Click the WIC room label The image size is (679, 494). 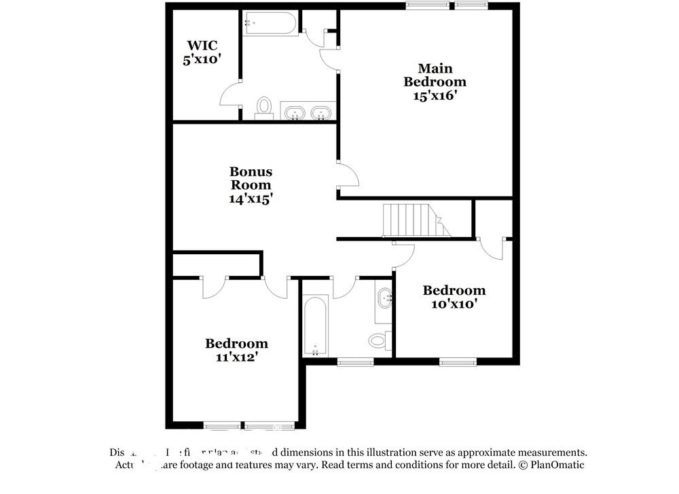click(202, 46)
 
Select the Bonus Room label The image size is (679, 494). click(251, 178)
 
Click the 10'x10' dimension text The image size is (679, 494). click(454, 304)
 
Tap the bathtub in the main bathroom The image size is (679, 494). click(270, 24)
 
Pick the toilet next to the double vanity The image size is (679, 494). click(264, 107)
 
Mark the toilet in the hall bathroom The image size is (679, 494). click(378, 338)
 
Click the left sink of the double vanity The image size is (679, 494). click(294, 113)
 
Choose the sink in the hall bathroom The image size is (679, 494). click(384, 298)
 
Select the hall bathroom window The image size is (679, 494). click(354, 361)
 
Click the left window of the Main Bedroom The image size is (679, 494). click(428, 6)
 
